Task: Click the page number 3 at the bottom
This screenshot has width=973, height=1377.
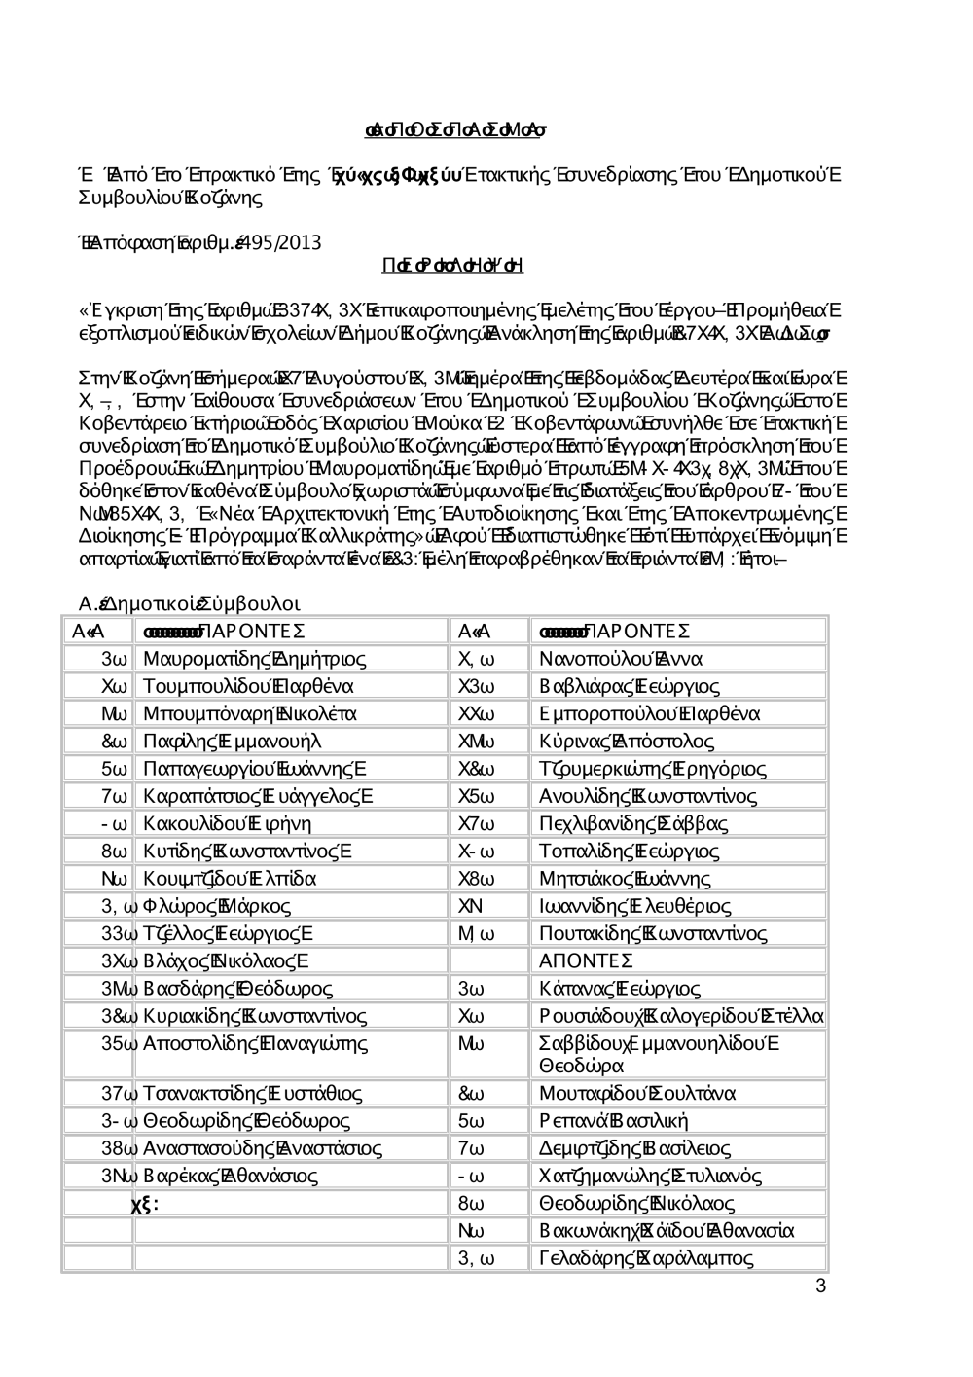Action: [820, 1286]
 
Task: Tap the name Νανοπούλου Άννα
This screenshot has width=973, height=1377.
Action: [621, 660]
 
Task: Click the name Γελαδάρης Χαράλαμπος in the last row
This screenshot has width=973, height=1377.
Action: [646, 1258]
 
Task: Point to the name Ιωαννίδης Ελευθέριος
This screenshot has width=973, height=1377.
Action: [634, 906]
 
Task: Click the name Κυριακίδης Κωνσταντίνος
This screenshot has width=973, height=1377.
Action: [255, 1017]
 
